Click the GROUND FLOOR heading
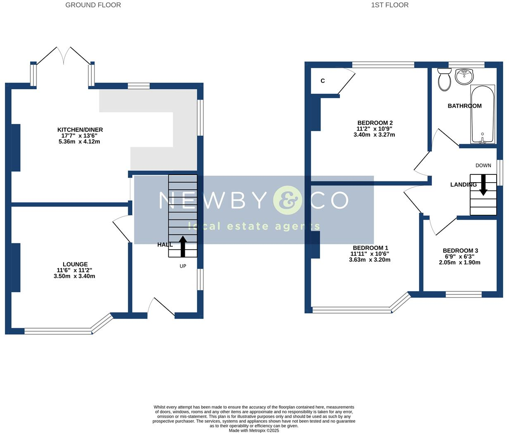tap(93, 5)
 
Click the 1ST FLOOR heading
tap(389, 5)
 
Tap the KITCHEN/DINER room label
tap(80, 130)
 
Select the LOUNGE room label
tap(75, 264)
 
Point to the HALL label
tap(165, 245)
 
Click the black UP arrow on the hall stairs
tap(183, 246)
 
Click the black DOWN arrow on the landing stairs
tap(483, 185)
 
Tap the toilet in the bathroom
tap(444, 79)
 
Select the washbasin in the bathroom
tap(464, 76)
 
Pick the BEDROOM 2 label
tap(375, 123)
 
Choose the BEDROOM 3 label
tap(460, 251)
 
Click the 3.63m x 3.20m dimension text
tap(370, 260)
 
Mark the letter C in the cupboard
tap(323, 81)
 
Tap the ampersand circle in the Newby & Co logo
tap(287, 200)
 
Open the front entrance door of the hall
tap(161, 308)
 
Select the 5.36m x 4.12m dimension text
tap(80, 141)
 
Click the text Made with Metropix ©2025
tap(254, 431)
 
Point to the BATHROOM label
tap(464, 106)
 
